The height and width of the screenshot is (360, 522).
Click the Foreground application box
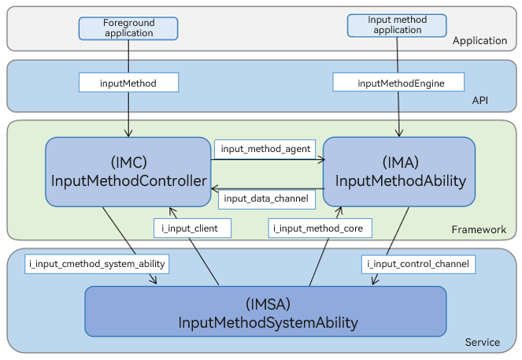click(128, 28)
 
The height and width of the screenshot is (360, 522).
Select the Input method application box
click(397, 25)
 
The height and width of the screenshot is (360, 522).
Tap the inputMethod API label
click(128, 82)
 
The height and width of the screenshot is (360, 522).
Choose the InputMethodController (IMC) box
click(128, 172)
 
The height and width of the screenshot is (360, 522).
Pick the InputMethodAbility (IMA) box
click(399, 172)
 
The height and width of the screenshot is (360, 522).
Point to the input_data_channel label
click(266, 199)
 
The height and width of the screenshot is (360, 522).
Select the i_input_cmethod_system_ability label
click(97, 263)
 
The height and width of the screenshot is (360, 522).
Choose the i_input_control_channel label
click(419, 263)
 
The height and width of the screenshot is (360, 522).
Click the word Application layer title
click(479, 41)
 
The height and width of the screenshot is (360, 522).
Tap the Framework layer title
click(479, 229)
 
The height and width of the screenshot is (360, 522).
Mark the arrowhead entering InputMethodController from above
click(128, 133)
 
